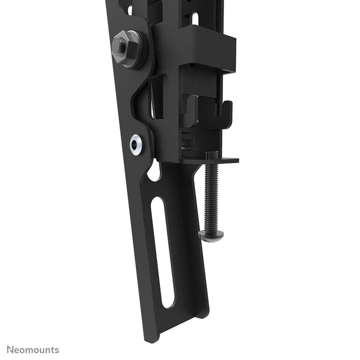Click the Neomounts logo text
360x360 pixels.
[x=33, y=350]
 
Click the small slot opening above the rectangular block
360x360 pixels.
[x=194, y=18]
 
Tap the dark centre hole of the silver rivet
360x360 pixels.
[x=135, y=145]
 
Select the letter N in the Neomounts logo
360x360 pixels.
[x=11, y=350]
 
